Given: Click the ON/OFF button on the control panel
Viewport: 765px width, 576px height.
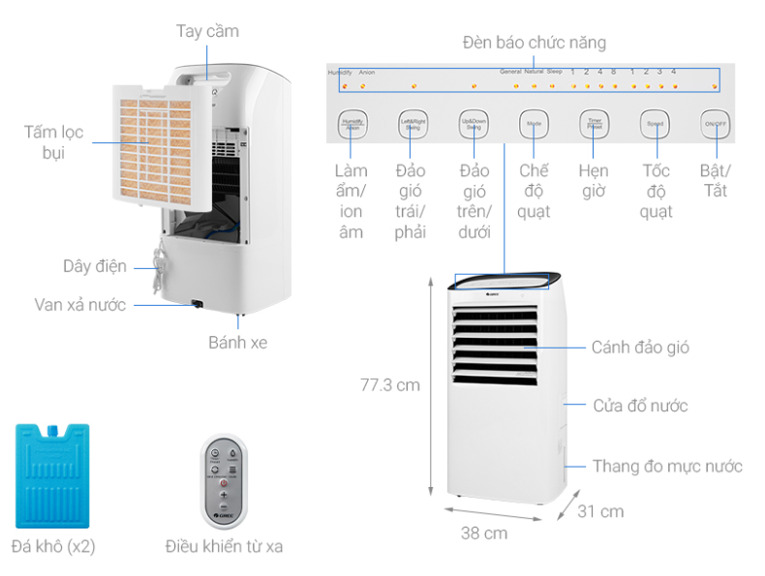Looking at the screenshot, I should [x=716, y=124].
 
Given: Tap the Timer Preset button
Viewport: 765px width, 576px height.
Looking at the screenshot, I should [x=595, y=124].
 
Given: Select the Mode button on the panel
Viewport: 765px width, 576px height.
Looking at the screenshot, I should [x=534, y=124].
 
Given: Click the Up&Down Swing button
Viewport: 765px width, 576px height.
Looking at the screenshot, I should [x=474, y=124].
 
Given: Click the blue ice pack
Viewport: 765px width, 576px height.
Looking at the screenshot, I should [x=53, y=474].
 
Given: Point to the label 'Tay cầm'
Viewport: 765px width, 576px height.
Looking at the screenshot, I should [x=207, y=31].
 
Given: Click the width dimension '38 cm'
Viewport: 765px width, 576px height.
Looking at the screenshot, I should [x=483, y=532].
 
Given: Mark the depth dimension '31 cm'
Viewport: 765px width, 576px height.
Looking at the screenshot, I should [x=601, y=511].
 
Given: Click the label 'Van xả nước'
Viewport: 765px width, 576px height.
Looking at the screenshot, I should [x=79, y=305].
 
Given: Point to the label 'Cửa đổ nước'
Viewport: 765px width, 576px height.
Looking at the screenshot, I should [x=640, y=405].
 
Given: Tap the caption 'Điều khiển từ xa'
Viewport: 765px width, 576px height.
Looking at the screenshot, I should [x=224, y=547].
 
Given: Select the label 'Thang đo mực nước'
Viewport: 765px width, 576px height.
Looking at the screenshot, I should [x=667, y=467].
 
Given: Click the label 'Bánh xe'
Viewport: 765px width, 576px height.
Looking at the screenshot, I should [x=237, y=342].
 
